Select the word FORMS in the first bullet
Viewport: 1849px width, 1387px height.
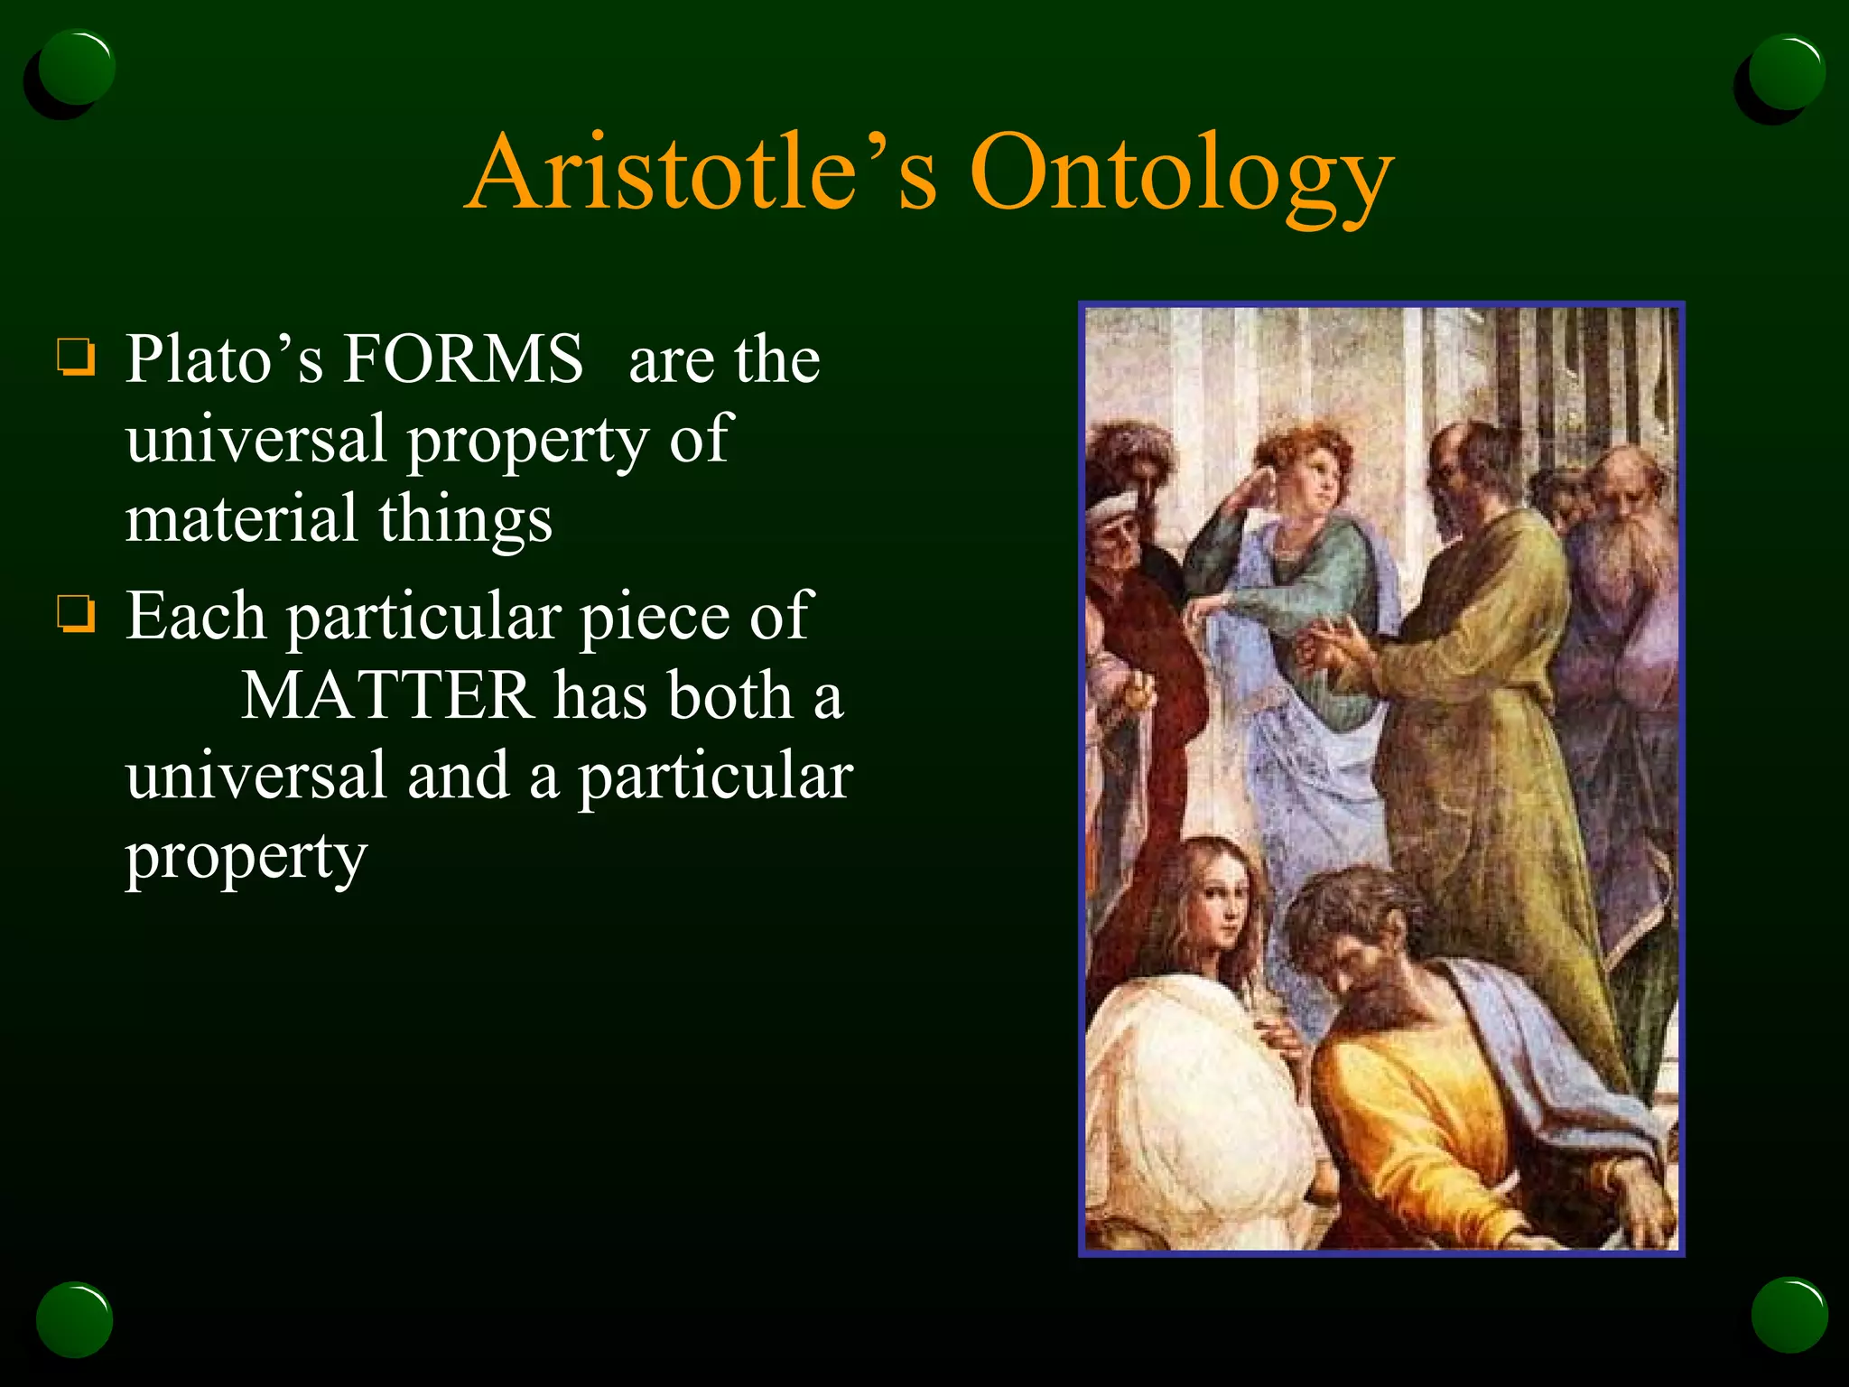[x=463, y=359]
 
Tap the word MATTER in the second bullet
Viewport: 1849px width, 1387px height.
[x=388, y=696]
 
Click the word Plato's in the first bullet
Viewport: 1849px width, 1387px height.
[x=224, y=359]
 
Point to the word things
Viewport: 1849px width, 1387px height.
[x=465, y=521]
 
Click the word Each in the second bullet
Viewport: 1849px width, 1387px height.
[x=195, y=617]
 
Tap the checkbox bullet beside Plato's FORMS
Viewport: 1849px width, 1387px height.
[x=76, y=356]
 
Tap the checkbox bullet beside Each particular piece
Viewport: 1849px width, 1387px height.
[x=76, y=614]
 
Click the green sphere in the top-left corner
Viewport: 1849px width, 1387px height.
[x=77, y=68]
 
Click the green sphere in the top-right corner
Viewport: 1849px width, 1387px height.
[x=1786, y=72]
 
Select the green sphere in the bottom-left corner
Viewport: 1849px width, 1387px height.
[x=75, y=1318]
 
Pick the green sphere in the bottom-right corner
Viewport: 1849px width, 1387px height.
[x=1789, y=1315]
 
